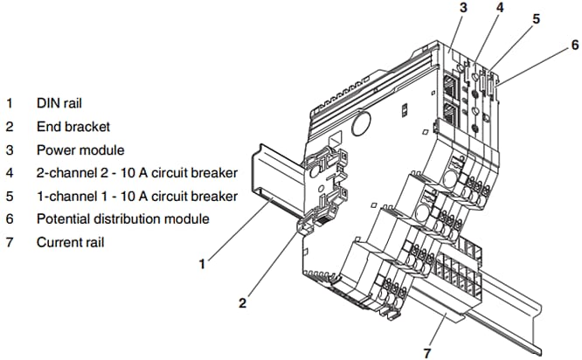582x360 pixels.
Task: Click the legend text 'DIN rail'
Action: (x=59, y=102)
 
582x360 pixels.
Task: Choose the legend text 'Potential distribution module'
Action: (x=122, y=218)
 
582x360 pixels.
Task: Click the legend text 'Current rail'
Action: (x=70, y=241)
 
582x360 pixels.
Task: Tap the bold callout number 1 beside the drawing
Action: (x=202, y=261)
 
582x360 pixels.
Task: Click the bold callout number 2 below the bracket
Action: (x=243, y=303)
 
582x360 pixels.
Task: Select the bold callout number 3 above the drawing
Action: (x=463, y=8)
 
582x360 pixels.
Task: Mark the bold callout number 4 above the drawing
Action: (x=499, y=8)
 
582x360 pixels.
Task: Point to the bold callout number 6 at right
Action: (x=573, y=44)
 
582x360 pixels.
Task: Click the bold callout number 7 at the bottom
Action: (x=427, y=352)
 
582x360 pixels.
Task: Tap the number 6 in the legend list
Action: (x=10, y=218)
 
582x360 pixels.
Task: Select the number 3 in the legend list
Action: (x=10, y=149)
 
